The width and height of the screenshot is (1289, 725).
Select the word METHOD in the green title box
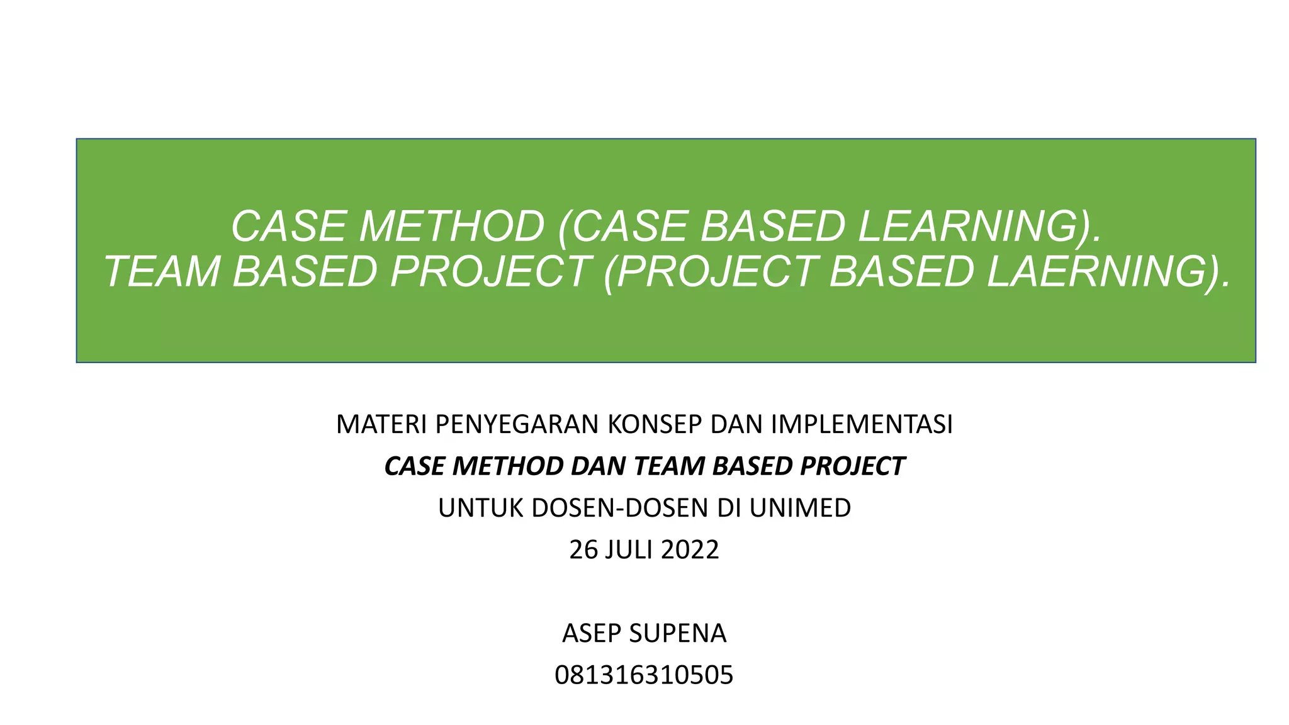pos(451,226)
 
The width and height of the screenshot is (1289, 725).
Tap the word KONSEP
pos(655,425)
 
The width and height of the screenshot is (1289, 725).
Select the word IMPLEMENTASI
pos(862,425)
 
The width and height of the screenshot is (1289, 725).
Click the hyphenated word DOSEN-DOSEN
pos(620,508)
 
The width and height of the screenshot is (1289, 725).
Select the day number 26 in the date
pos(583,550)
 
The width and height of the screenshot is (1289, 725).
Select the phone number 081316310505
pos(644,675)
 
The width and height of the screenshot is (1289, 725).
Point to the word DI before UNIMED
pos(728,508)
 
